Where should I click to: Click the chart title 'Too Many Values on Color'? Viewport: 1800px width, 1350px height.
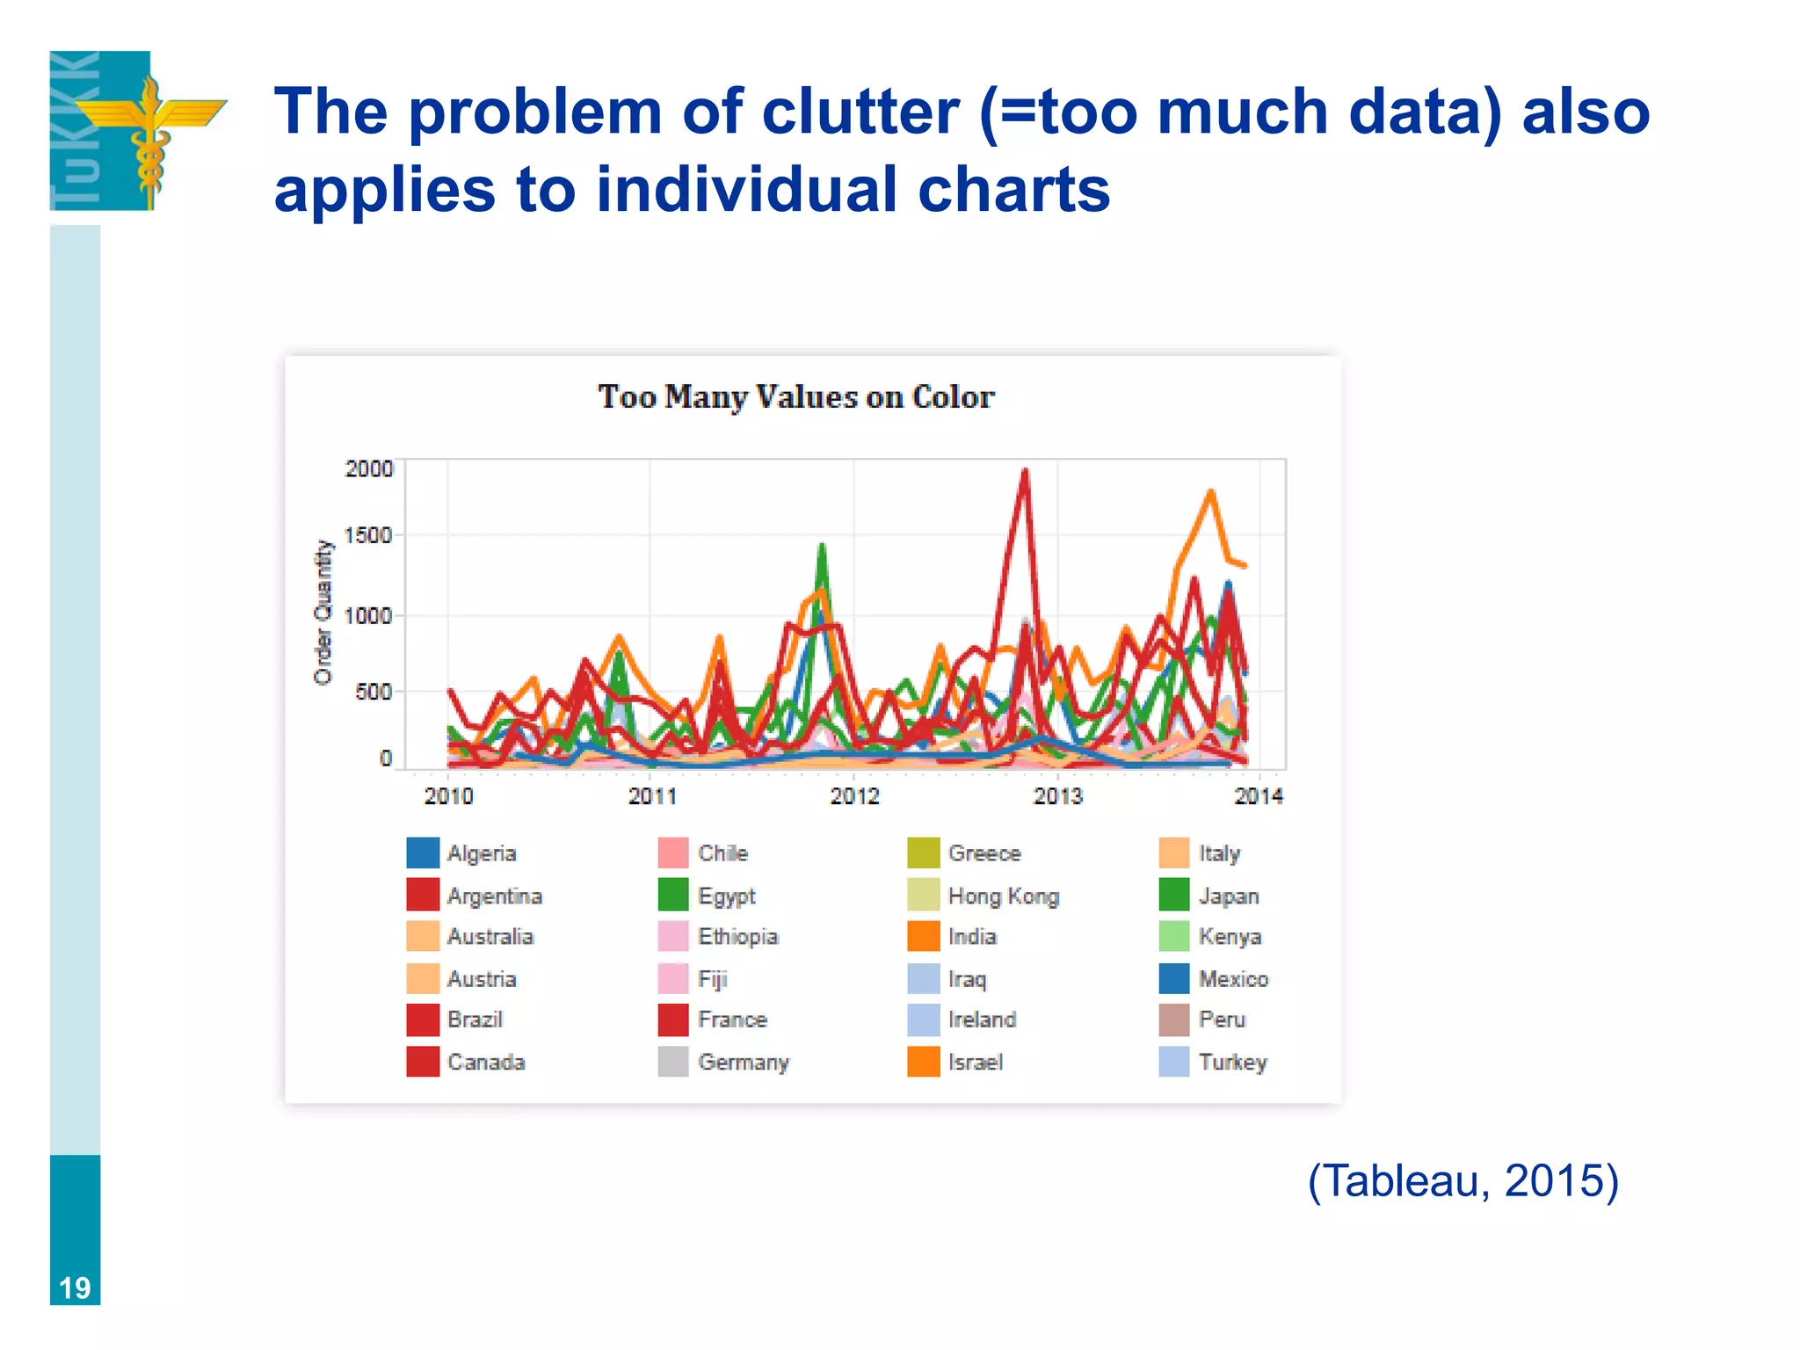pyautogui.click(x=795, y=396)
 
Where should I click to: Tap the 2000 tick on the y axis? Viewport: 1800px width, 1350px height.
pyautogui.click(x=368, y=468)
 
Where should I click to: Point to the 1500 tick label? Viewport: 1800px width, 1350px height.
pyautogui.click(x=368, y=535)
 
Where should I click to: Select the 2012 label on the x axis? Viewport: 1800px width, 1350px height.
pyautogui.click(x=854, y=796)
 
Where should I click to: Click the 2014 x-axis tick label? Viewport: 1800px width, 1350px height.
pyautogui.click(x=1258, y=796)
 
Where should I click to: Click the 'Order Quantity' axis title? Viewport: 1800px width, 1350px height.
pyautogui.click(x=323, y=612)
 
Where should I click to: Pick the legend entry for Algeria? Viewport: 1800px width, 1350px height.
pyautogui.click(x=481, y=853)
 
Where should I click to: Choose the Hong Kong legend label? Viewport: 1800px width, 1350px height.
pyautogui.click(x=1003, y=896)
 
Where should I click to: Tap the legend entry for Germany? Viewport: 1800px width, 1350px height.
pyautogui.click(x=743, y=1062)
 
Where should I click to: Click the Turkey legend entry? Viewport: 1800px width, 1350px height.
pyautogui.click(x=1231, y=1062)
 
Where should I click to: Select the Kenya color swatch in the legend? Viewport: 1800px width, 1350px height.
pyautogui.click(x=1173, y=936)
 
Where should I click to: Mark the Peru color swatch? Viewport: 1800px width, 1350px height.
pyautogui.click(x=1173, y=1020)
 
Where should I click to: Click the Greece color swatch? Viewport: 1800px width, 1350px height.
pyautogui.click(x=923, y=853)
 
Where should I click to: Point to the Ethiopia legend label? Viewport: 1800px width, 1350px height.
pyautogui.click(x=737, y=936)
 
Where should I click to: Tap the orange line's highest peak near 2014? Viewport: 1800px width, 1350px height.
pyautogui.click(x=1211, y=492)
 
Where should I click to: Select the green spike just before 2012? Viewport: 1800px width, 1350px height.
pyautogui.click(x=822, y=547)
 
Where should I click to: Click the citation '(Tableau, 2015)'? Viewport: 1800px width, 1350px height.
pyautogui.click(x=1462, y=1179)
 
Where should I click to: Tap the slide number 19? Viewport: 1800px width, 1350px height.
pyautogui.click(x=75, y=1288)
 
